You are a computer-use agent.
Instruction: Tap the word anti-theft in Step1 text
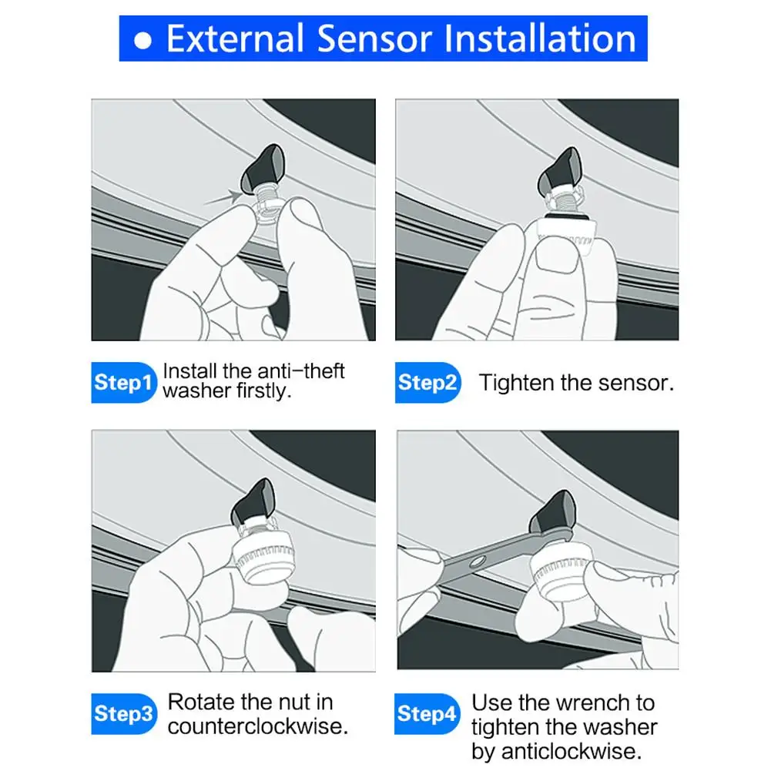coord(297,372)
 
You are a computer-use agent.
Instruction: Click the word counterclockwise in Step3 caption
coord(257,726)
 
